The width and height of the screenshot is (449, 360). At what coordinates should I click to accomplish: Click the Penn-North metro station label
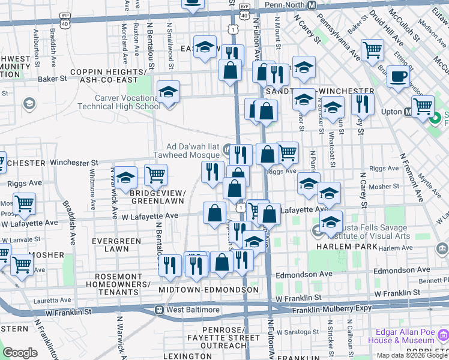coord(285,5)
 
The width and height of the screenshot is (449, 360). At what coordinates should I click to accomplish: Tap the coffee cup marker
coord(398,77)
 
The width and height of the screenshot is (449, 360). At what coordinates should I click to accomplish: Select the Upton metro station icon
coord(408,112)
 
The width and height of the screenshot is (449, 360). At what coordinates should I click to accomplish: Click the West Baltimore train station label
coord(183,310)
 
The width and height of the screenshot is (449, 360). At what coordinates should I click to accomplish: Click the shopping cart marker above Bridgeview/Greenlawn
coord(155,175)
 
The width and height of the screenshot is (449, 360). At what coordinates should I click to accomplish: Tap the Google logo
coord(19,353)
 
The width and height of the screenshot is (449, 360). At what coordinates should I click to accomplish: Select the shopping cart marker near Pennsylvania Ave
coord(373,49)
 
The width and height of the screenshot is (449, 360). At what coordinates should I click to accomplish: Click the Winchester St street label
coord(74,163)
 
